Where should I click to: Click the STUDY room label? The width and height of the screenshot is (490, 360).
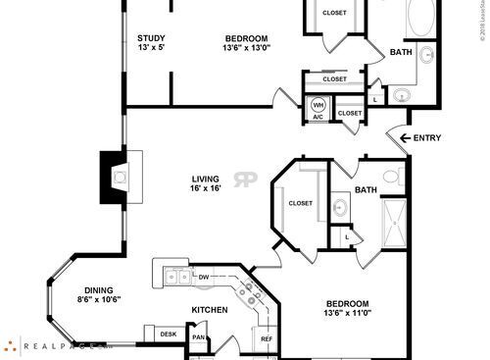[x=151, y=38]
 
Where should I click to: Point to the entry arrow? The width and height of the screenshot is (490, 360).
[x=397, y=136]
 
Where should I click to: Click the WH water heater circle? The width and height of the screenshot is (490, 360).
[x=318, y=104]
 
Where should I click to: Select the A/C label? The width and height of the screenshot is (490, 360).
[x=318, y=117]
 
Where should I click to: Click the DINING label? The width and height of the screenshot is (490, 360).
[x=97, y=289]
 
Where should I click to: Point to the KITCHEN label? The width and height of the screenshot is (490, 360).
[x=209, y=310]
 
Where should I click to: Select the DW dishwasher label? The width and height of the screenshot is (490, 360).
[x=204, y=278]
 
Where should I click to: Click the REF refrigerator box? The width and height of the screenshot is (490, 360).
[x=266, y=339]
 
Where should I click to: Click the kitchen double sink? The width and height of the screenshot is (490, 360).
[x=176, y=277]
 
